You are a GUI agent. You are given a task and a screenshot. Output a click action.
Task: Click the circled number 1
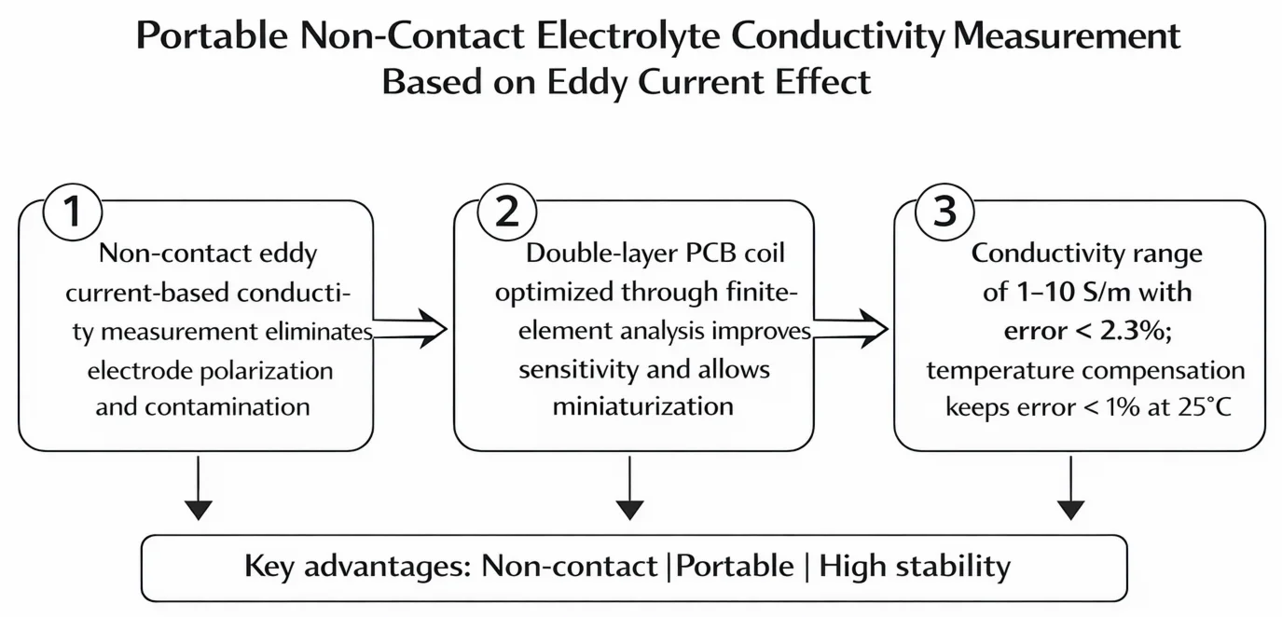73,213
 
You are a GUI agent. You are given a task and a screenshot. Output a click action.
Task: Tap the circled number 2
506,213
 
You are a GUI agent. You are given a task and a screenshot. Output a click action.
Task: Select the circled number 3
945,213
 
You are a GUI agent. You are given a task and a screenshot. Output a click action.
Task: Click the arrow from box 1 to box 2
410,328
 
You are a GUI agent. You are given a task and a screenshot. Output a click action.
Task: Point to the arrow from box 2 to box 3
848,328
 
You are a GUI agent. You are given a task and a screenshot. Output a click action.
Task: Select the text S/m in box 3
1094,293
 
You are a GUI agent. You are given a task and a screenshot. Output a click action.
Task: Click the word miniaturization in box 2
642,406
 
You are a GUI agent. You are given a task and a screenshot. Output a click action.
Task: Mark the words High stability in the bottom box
915,567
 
